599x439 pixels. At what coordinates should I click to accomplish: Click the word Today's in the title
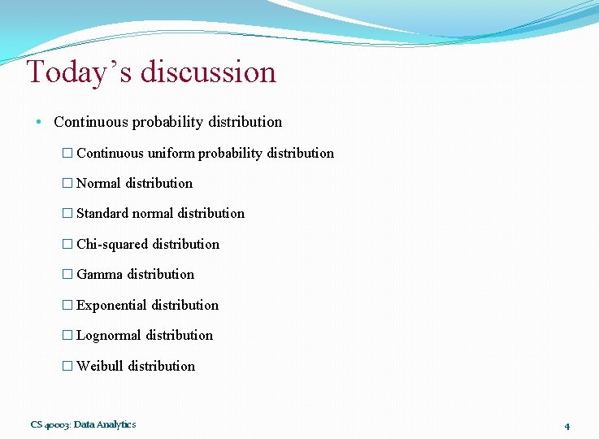click(x=79, y=72)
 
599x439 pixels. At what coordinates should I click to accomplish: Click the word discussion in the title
click(x=208, y=72)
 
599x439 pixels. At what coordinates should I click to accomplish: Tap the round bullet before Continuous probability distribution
click(x=39, y=123)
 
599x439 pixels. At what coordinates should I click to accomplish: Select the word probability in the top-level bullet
click(x=167, y=123)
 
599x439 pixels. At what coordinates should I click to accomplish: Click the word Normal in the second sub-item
click(x=98, y=184)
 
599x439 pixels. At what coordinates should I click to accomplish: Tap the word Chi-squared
click(x=112, y=244)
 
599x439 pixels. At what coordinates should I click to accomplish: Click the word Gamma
click(x=99, y=275)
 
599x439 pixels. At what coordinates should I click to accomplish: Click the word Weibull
click(x=100, y=367)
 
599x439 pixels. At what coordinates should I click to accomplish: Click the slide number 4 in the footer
click(x=566, y=426)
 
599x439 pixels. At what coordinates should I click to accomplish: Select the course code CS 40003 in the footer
click(x=50, y=424)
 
